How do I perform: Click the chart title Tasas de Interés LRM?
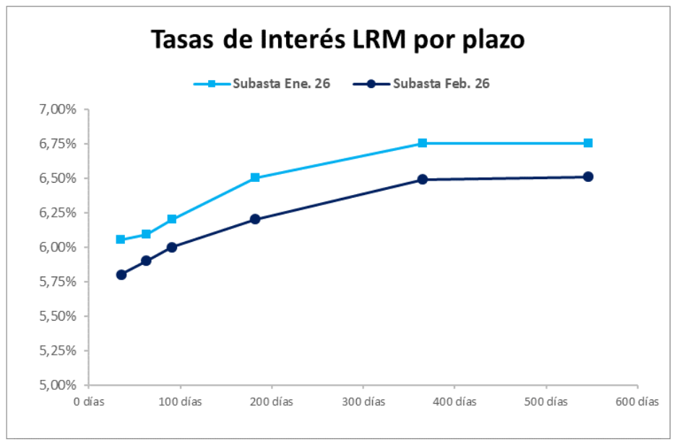tap(337, 40)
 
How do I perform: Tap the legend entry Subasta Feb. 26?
tap(441, 84)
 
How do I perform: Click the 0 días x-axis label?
tap(88, 402)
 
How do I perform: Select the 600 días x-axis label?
tap(637, 402)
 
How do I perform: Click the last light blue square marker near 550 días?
tap(588, 143)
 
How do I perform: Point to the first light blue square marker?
tap(121, 239)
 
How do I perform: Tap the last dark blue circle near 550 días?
tap(588, 177)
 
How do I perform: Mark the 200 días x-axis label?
tap(271, 402)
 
